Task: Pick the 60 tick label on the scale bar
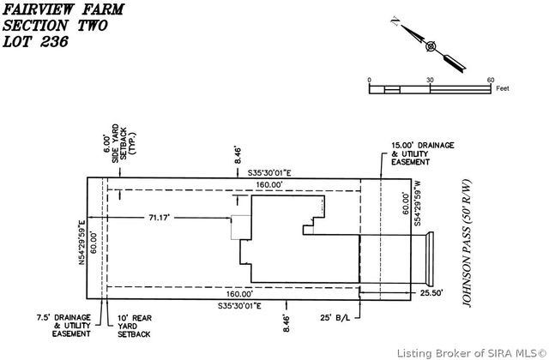pos(491,80)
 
